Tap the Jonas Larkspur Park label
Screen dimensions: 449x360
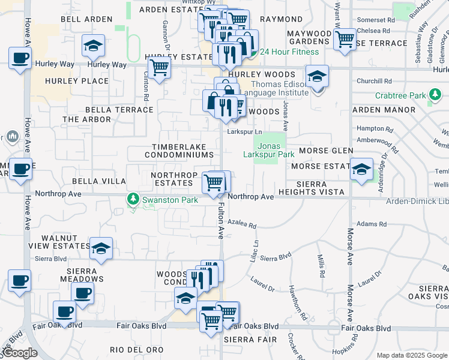268,150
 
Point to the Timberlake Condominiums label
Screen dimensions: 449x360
179,151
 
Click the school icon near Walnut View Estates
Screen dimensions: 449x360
101,248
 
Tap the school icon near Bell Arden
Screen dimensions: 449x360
93,46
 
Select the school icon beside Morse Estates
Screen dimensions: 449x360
361,169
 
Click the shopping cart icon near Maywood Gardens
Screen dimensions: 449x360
345,39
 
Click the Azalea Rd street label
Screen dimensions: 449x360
241,226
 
